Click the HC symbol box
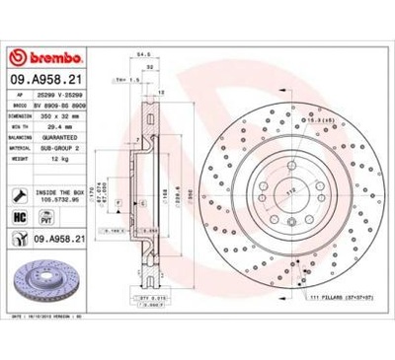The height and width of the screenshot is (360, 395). point(19,216)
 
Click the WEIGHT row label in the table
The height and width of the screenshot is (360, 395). point(20,159)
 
